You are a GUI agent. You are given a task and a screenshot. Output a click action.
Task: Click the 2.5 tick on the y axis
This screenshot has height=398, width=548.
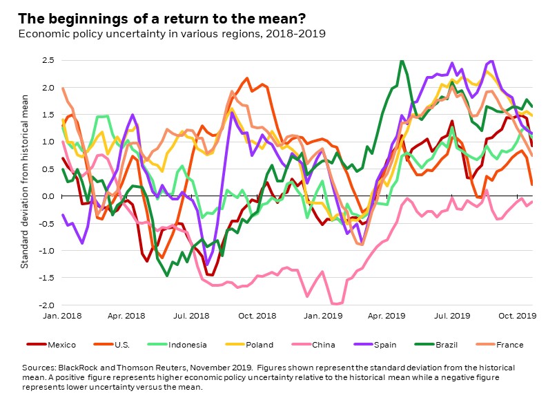(46, 61)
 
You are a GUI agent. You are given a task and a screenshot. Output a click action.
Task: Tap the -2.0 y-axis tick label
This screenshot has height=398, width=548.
(45, 305)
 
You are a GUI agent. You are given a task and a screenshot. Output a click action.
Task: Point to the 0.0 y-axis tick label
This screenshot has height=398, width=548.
(46, 196)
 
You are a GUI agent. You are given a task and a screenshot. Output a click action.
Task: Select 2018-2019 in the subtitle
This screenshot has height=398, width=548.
(297, 32)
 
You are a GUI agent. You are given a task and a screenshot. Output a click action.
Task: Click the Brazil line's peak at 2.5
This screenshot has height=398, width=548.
(401, 61)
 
